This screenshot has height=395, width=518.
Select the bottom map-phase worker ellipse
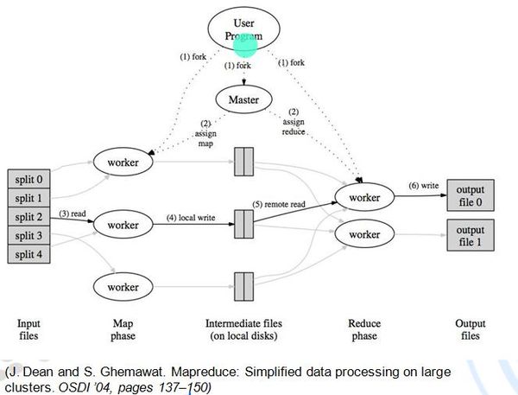[x=123, y=284]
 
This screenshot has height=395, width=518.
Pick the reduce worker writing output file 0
[x=363, y=198]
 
